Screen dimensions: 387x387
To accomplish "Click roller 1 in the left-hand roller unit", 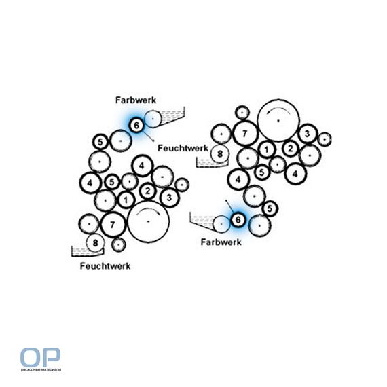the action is pos(126,200).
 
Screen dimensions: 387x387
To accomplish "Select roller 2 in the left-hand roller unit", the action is pos(147,191).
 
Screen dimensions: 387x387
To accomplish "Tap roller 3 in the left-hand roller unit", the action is pos(169,198).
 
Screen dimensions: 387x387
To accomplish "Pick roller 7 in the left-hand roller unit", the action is pos(113,225).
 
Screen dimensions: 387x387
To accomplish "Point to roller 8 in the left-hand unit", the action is pos(95,243).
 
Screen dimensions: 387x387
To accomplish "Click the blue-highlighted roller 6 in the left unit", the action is pos(136,126).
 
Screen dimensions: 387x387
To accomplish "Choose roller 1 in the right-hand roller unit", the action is pos(267,149).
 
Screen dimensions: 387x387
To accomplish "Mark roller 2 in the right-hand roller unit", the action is pos(291,149).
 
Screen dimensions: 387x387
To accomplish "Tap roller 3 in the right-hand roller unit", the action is pos(307,134).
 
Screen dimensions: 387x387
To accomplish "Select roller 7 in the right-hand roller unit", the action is pos(245,134).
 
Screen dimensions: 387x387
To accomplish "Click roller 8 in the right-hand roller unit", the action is pos(220,154).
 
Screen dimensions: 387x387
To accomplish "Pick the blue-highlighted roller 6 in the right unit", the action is pos(238,220).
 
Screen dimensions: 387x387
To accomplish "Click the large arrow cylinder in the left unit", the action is pos(148,221).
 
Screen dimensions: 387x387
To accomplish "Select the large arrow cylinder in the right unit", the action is pos(278,121).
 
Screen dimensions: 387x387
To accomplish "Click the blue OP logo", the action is pos(40,357).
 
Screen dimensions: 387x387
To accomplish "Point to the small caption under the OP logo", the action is pos(41,370).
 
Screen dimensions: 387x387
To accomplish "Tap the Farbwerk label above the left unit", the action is pos(136,100).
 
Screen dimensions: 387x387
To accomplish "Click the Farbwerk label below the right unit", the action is pos(221,242).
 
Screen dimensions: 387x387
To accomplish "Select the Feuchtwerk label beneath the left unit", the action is pos(105,266).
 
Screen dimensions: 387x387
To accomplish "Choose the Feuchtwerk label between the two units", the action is pos(183,148).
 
